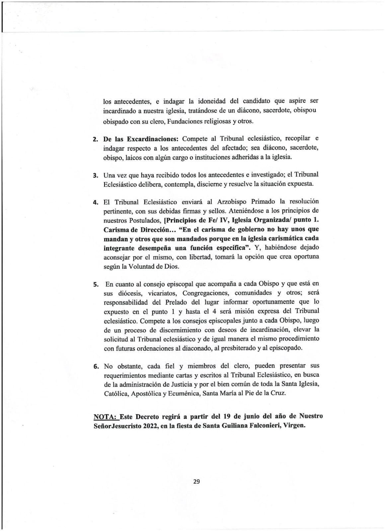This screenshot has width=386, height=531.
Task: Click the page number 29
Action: click(196, 482)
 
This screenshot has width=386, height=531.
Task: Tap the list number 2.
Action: click(96, 139)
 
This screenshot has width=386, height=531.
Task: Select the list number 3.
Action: click(96, 175)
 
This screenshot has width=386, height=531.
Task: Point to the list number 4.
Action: click(96, 202)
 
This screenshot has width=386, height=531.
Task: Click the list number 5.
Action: click(96, 285)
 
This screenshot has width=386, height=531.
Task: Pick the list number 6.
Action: click(96, 367)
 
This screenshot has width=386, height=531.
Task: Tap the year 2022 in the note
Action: click(151, 426)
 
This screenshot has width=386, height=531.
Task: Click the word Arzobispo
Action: click(232, 201)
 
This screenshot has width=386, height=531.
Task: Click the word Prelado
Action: click(176, 302)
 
